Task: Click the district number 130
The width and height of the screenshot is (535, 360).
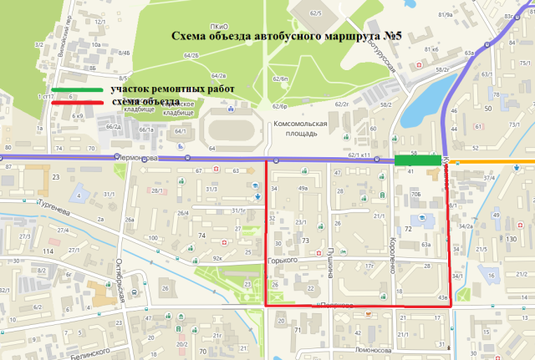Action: coord(510,240)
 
